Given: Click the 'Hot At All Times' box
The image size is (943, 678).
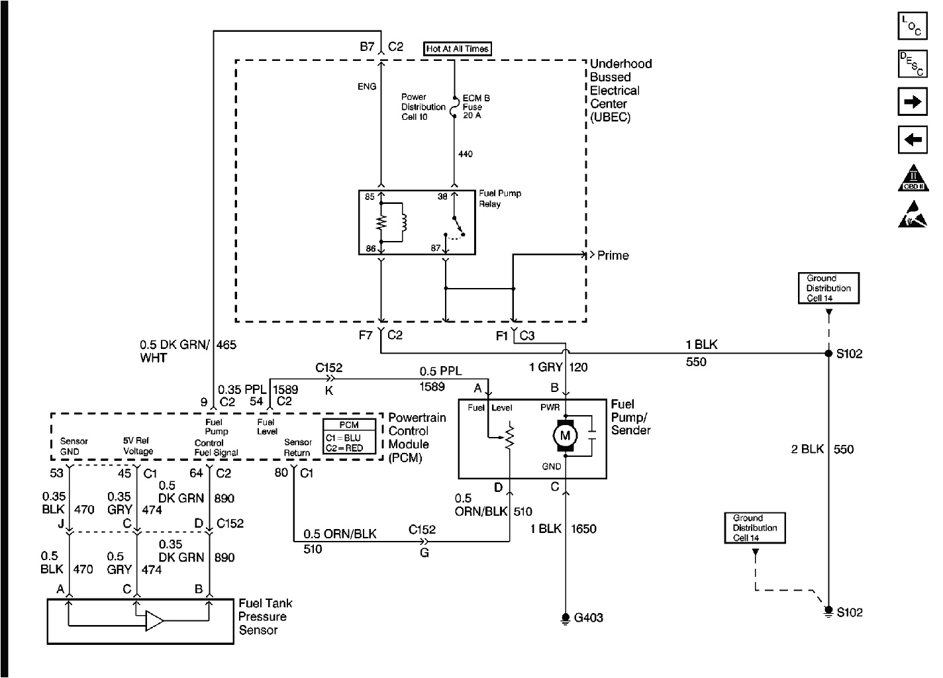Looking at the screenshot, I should tap(458, 49).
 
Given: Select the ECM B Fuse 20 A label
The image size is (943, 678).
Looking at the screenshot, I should tap(475, 107).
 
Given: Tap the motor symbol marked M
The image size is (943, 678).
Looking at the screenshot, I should tap(565, 436).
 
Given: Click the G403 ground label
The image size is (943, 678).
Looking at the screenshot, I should tap(588, 618).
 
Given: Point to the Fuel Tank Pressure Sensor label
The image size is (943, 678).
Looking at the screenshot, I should tap(265, 616).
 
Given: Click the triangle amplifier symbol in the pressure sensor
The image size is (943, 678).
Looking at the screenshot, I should tap(154, 621).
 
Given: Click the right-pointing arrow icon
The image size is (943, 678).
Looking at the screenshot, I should tap(913, 102).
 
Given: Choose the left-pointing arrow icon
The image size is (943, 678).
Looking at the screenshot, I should tap(913, 140).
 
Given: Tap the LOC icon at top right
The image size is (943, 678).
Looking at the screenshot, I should tap(913, 26).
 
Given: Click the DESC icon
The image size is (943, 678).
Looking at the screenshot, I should tap(913, 64).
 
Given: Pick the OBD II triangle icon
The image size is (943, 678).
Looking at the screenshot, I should tap(913, 178).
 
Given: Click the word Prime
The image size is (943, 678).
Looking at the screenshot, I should tap(613, 256).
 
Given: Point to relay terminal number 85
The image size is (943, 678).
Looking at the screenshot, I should tap(370, 197).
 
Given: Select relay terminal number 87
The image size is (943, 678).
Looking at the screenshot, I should tap(436, 248).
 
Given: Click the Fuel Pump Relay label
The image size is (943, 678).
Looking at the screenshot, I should tap(499, 199).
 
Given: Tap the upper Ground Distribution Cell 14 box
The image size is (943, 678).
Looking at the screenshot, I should tap(828, 288).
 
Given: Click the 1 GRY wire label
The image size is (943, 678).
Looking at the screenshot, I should tap(546, 367).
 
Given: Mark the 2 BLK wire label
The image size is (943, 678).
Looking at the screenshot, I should tap(807, 449).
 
